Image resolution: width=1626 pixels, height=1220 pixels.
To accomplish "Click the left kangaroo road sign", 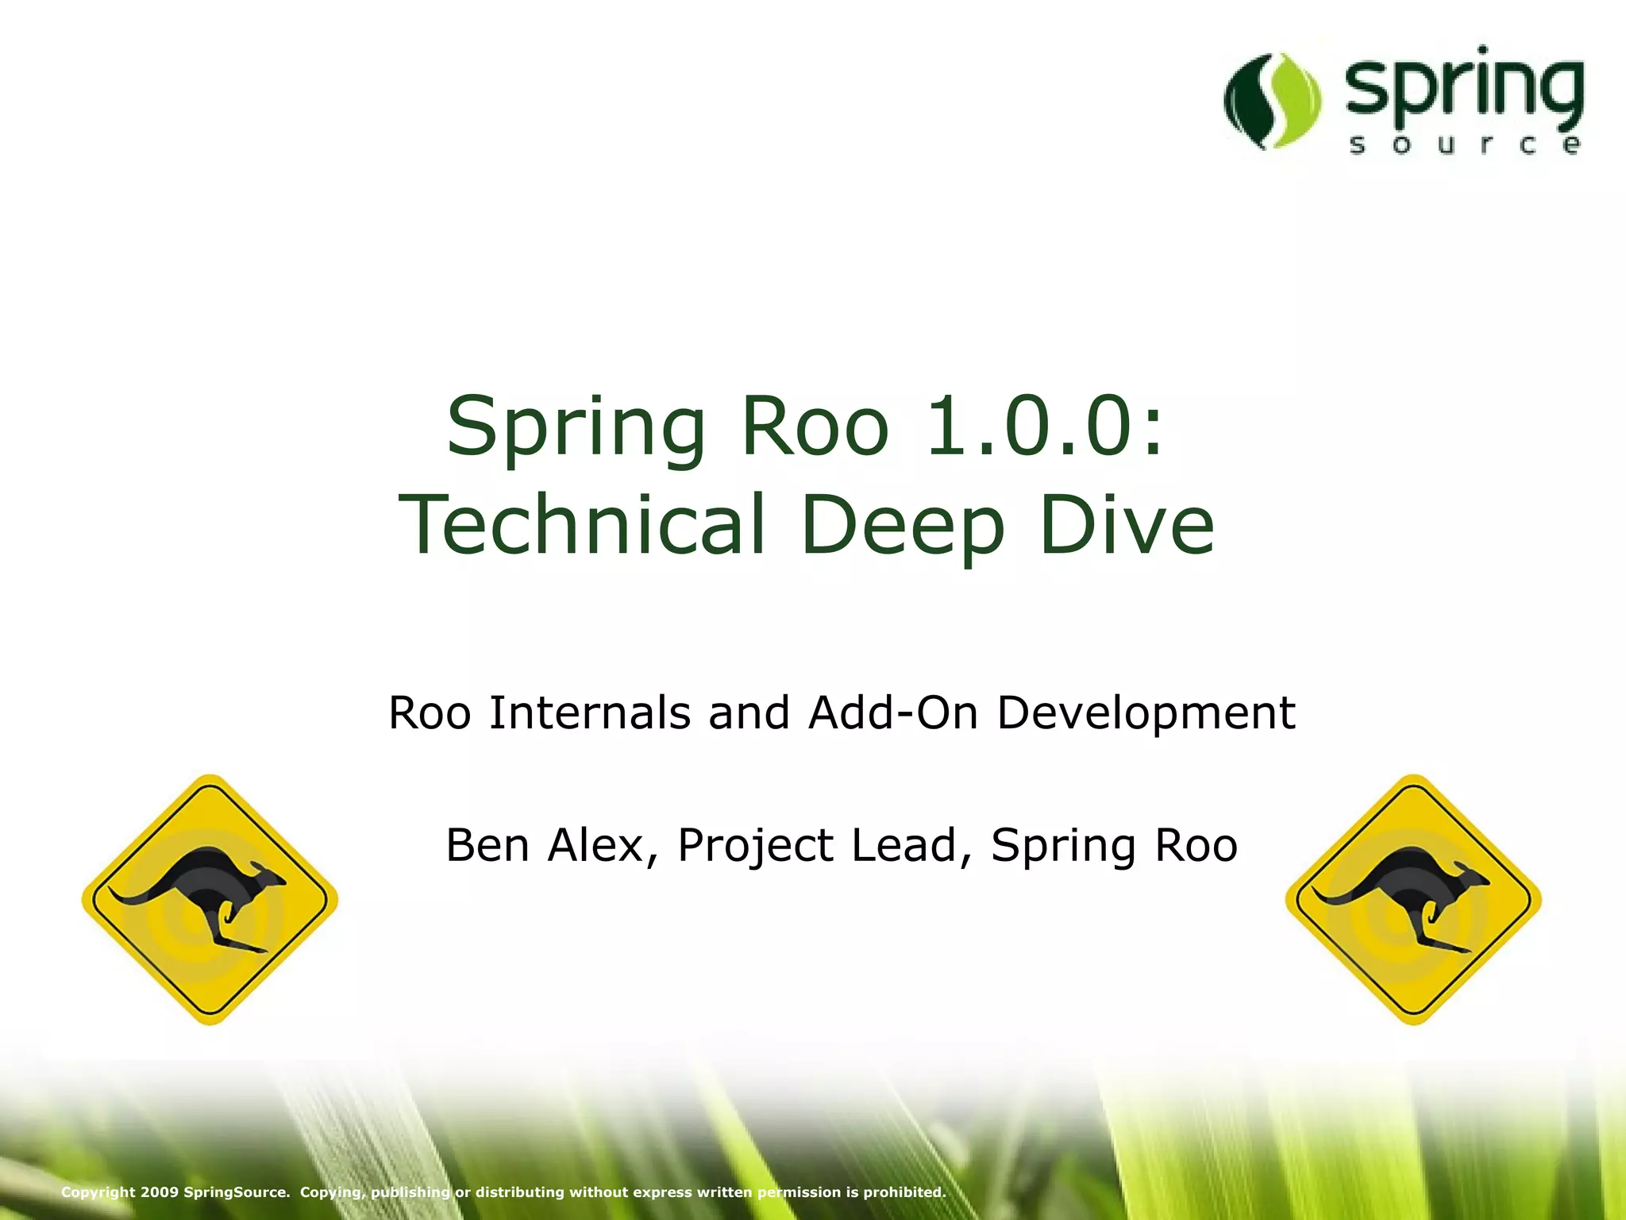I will (210, 899).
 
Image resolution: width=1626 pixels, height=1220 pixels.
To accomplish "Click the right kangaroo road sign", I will (1413, 899).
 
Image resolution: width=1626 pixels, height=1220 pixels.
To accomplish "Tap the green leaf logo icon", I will (1273, 101).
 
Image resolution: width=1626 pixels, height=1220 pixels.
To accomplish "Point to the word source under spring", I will (1463, 145).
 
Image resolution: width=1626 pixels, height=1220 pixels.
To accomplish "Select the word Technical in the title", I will (582, 524).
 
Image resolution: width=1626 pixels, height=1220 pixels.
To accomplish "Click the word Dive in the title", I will (1126, 524).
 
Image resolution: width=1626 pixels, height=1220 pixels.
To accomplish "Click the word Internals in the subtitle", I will (589, 712).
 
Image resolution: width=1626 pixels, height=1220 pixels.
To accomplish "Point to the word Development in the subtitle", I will (1145, 714).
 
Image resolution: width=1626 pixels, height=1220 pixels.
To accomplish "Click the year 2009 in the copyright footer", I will (159, 1192).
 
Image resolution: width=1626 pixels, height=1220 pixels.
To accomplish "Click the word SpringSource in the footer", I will (236, 1192).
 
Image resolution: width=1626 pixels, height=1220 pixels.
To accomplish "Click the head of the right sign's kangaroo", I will (1473, 874).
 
